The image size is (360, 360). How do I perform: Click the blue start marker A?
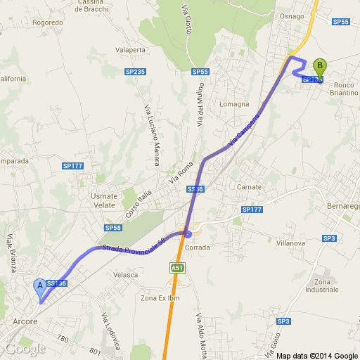click(x=40, y=285)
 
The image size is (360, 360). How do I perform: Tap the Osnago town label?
click(x=291, y=16)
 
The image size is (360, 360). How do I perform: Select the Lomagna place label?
click(x=234, y=103)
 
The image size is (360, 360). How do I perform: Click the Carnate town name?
click(x=249, y=187)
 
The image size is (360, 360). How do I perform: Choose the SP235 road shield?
click(x=135, y=72)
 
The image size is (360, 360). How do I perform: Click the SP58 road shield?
click(x=113, y=228)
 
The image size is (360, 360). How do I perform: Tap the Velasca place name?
click(x=125, y=274)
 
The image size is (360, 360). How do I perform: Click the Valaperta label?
click(x=129, y=50)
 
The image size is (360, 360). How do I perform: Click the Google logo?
click(x=25, y=348)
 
